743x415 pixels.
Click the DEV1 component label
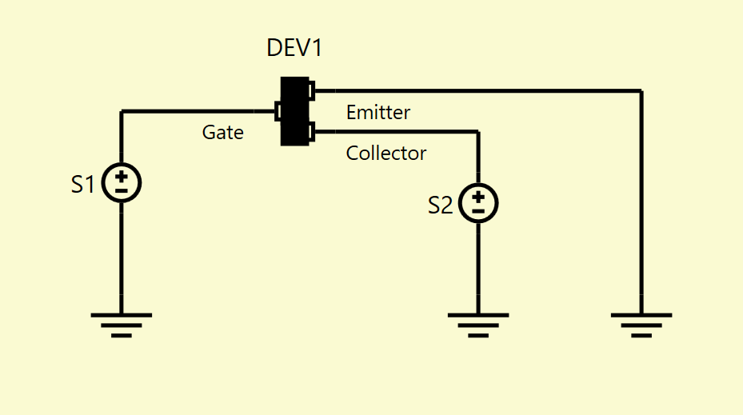294,48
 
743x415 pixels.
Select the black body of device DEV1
295,111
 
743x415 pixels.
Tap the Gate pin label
222,132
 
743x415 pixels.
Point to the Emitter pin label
378,112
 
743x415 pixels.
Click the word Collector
386,153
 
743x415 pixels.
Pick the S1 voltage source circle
122,183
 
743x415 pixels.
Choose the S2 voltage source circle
478,203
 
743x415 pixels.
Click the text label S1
83,184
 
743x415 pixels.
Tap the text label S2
440,206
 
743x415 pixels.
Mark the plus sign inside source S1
122,177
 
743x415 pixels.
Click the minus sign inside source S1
122,191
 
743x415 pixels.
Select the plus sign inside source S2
478,197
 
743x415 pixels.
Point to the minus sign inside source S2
478,211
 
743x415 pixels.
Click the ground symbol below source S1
122,325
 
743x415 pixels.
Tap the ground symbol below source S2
478,325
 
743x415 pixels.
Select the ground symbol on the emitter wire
641,325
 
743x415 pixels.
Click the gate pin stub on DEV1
278,111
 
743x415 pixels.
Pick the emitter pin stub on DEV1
312,91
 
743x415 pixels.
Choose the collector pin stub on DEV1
312,132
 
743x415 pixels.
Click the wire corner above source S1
122,111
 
